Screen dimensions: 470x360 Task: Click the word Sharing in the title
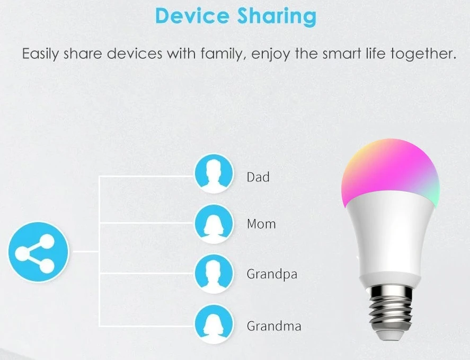pyautogui.click(x=277, y=17)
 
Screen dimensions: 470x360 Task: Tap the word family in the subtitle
pyautogui.click(x=221, y=54)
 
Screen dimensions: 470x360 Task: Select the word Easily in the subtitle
pyautogui.click(x=40, y=54)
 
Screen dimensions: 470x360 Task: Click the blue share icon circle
pyautogui.click(x=38, y=252)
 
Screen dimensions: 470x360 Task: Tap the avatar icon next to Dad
pyautogui.click(x=214, y=174)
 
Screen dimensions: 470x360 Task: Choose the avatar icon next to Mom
pyautogui.click(x=214, y=224)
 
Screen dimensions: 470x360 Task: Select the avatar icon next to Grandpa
pyautogui.click(x=214, y=274)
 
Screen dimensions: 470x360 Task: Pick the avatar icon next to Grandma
pyautogui.click(x=214, y=324)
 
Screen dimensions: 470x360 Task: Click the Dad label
pyautogui.click(x=258, y=177)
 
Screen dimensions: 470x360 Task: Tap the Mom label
pyautogui.click(x=261, y=224)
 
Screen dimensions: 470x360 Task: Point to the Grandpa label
pyautogui.click(x=272, y=275)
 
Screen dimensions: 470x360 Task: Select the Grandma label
pyautogui.click(x=274, y=326)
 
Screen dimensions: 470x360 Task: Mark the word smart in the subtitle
pyautogui.click(x=342, y=54)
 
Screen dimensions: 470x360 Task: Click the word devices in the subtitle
pyautogui.click(x=135, y=54)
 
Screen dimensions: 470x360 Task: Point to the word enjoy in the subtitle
pyautogui.click(x=271, y=54)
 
